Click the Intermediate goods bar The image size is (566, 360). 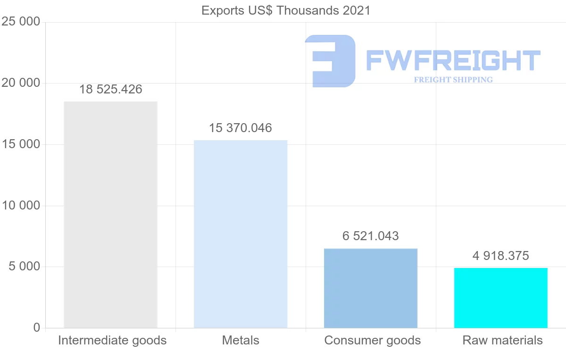(x=110, y=215)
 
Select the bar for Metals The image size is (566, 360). (x=241, y=234)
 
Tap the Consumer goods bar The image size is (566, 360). (x=371, y=288)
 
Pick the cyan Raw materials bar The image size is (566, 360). (x=500, y=298)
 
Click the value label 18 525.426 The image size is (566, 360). (x=110, y=89)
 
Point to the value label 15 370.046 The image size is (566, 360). (x=241, y=128)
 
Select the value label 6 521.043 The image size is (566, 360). (x=371, y=236)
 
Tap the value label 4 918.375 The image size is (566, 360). (x=500, y=256)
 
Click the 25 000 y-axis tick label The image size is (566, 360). (x=21, y=22)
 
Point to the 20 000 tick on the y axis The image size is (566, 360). (x=21, y=84)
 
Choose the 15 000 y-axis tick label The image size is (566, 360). (x=21, y=144)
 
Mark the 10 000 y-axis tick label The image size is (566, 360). (x=21, y=206)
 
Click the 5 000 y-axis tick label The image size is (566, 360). (x=24, y=267)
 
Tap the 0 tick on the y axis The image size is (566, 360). (x=37, y=327)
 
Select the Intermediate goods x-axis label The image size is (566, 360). (x=112, y=340)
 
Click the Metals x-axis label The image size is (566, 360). (x=241, y=340)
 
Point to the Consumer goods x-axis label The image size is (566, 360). (x=373, y=340)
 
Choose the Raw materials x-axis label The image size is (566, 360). (x=502, y=340)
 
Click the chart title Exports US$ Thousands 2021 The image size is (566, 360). (x=286, y=10)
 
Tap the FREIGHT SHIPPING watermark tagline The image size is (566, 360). (x=453, y=80)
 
